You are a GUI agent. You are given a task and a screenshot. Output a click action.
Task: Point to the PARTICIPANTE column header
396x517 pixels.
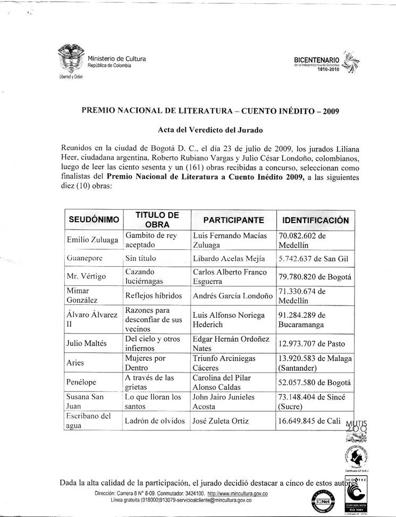tap(233, 220)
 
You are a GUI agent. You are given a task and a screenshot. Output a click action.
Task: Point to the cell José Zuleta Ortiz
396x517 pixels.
tap(225, 421)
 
